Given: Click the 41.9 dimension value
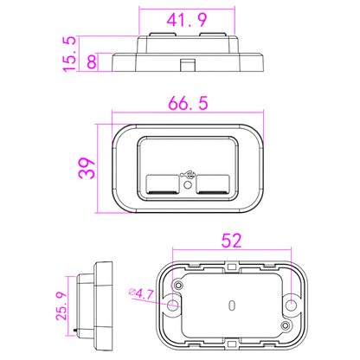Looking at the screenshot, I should coord(186,18).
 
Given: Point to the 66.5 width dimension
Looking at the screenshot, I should coord(186,104).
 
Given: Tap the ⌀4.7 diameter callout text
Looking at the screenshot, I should coord(142,294).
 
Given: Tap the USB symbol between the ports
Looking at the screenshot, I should coord(186,171).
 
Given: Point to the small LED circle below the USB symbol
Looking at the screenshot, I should coord(186,183).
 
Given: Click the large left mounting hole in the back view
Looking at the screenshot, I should coord(174,305).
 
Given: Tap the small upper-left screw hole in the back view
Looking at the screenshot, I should coord(178,285).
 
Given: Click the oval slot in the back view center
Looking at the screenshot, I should coord(232,305).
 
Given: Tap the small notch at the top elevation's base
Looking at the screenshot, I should coord(185,63).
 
